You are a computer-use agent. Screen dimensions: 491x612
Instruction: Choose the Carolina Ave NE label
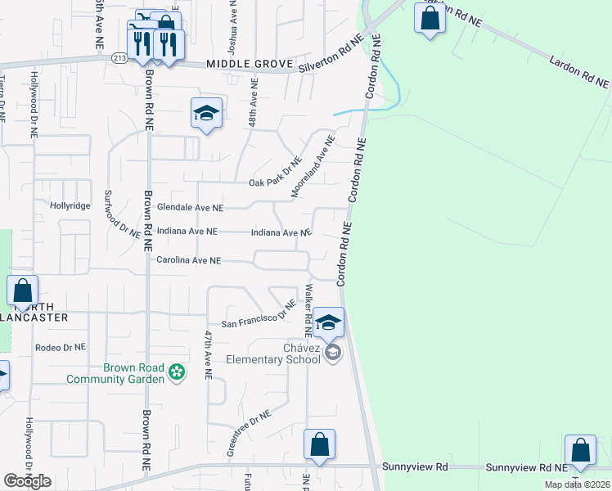(x=189, y=260)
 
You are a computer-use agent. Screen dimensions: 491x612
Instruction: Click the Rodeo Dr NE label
(x=61, y=347)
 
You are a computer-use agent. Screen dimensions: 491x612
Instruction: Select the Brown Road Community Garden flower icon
(x=176, y=373)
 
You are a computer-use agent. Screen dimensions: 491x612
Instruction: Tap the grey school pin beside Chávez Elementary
(x=332, y=353)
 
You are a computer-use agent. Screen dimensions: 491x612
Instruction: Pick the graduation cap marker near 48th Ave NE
(x=206, y=114)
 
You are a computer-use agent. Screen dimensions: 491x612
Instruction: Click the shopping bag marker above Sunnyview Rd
(x=319, y=446)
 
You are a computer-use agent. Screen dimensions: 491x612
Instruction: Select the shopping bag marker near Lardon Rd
(x=430, y=20)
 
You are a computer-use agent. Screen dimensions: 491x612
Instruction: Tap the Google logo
(x=27, y=481)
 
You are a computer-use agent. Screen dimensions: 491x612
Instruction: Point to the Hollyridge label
(x=70, y=205)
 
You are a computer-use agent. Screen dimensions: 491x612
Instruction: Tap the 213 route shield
(x=120, y=57)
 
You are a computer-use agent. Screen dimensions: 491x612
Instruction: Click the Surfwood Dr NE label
(x=121, y=214)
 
